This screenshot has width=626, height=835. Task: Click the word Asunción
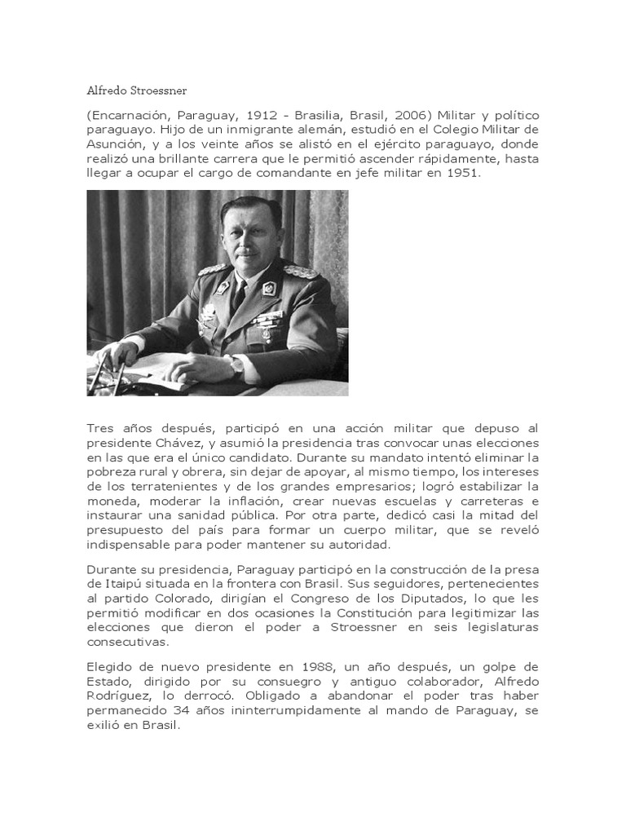coord(112,145)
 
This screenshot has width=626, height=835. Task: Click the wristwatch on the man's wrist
coord(236,364)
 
